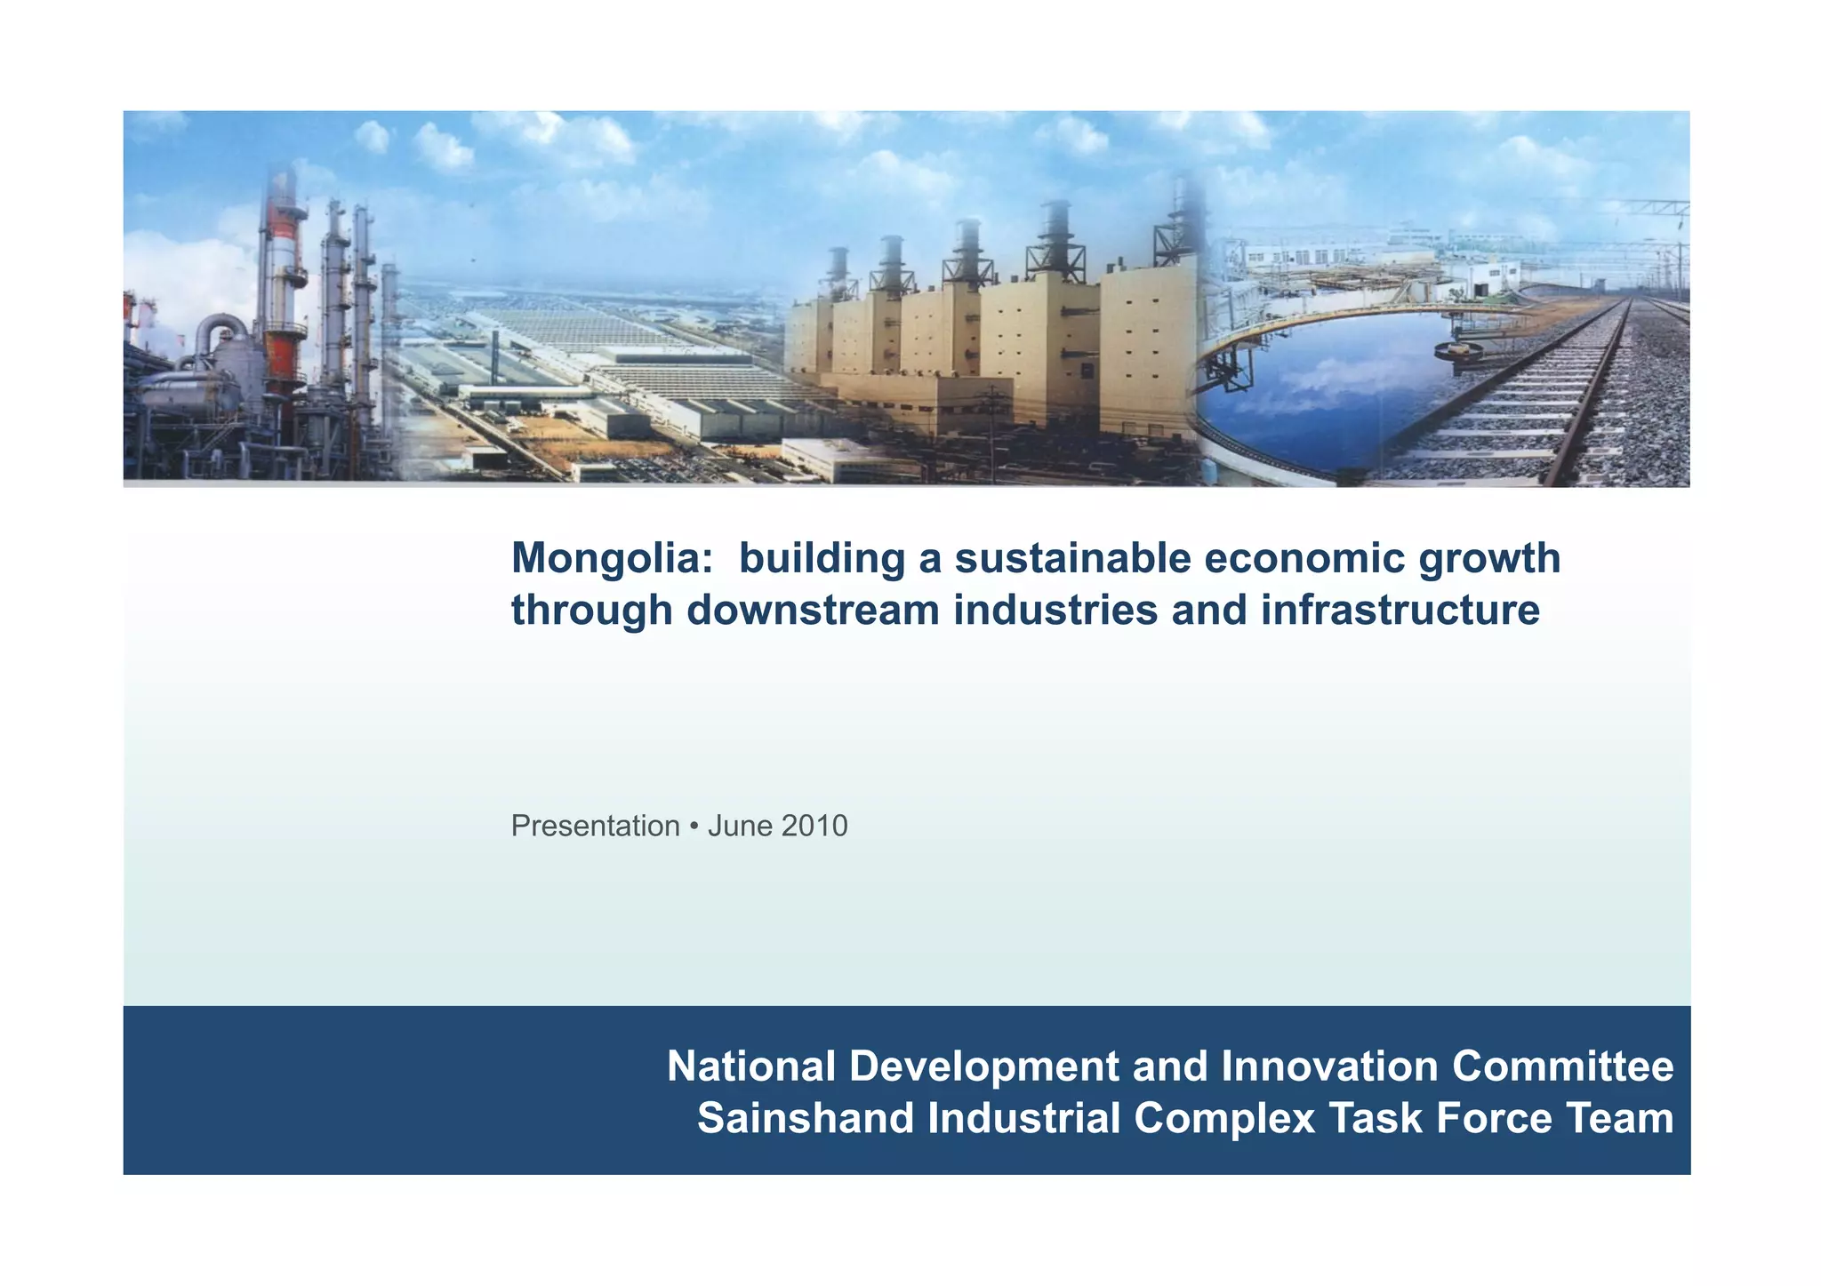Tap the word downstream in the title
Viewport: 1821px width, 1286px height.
[x=813, y=611]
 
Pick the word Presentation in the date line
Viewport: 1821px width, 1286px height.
[x=595, y=826]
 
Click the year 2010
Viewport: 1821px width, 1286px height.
[x=814, y=826]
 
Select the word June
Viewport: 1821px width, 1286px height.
[x=740, y=826]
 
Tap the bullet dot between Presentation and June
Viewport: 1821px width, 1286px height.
[x=694, y=827]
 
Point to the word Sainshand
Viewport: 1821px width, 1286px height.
[x=806, y=1118]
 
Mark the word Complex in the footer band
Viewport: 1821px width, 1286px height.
[x=1223, y=1118]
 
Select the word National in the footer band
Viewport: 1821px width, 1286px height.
[x=751, y=1066]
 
